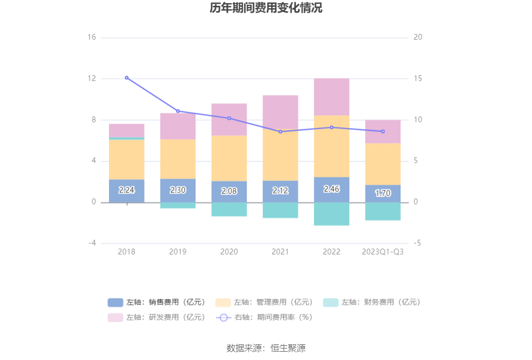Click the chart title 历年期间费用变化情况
pos(266,8)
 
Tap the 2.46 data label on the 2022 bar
pos(332,189)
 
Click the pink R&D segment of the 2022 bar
pos(332,97)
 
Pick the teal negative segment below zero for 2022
pos(332,214)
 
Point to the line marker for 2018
pos(127,78)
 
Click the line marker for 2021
pos(280,131)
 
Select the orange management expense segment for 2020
pos(229,158)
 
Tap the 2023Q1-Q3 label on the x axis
pos(383,251)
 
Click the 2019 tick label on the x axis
pos(178,251)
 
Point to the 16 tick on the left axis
pos(92,38)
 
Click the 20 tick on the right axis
pos(417,38)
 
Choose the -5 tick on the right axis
pos(417,243)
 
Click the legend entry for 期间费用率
pos(267,317)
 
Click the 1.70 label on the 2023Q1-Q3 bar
pos(383,194)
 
